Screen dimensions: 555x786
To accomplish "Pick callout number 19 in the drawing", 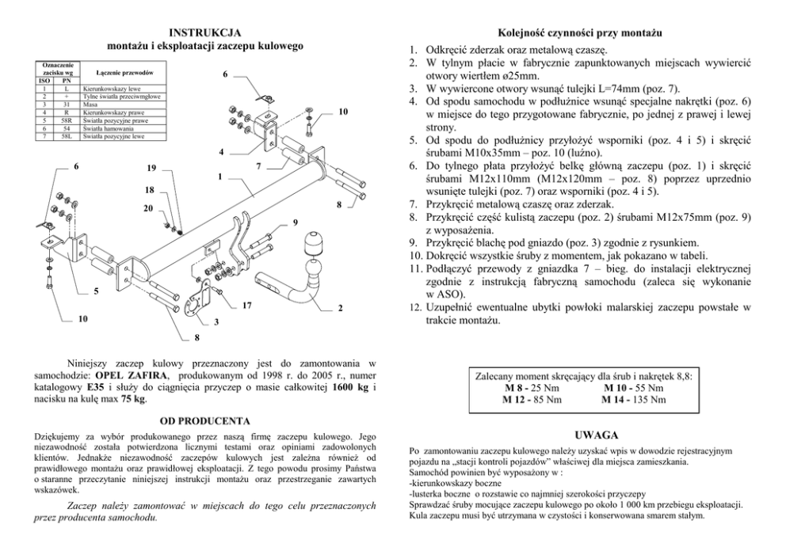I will [x=151, y=168].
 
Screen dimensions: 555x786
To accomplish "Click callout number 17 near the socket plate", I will [x=247, y=306].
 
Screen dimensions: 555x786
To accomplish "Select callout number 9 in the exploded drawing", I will [x=294, y=222].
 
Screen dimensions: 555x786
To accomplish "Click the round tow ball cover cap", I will [x=315, y=248].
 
